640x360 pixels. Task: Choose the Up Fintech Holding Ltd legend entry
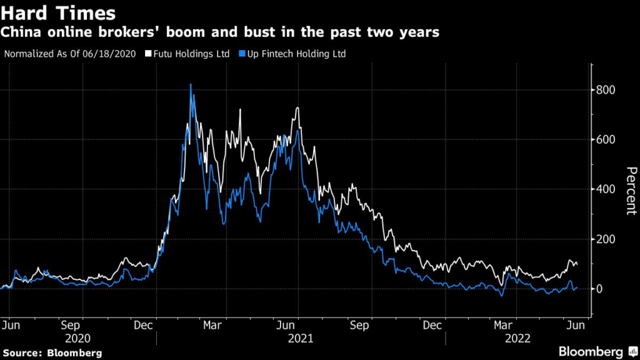[296, 54]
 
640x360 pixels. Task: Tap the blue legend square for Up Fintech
[242, 54]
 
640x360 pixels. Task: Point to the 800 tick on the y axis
[606, 89]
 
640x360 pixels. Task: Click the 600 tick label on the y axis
[606, 139]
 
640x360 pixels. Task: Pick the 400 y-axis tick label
[606, 189]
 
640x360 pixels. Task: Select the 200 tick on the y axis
[606, 239]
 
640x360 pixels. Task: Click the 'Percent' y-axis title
[631, 191]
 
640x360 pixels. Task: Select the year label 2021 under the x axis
[301, 338]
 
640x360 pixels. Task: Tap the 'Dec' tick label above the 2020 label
[144, 325]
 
